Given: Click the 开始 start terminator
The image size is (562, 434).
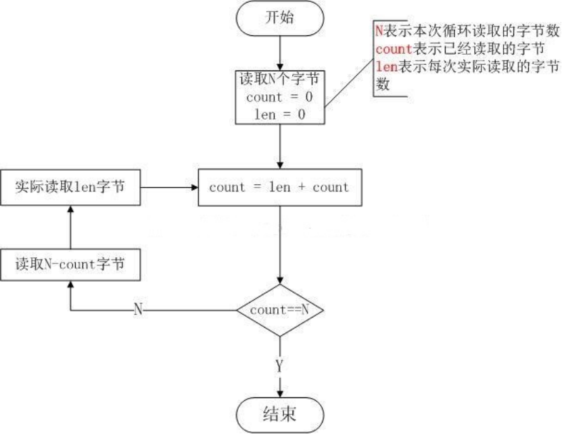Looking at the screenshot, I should tap(279, 18).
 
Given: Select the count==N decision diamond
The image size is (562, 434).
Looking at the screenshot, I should tap(279, 309).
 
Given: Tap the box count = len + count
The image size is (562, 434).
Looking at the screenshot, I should tap(279, 187).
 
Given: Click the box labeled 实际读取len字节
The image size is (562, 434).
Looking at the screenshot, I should tap(70, 187).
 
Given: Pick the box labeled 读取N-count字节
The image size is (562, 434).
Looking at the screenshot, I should tap(70, 265).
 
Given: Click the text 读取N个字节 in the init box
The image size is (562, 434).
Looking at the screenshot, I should tap(279, 79).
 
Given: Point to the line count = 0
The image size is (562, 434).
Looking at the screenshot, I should tap(279, 97).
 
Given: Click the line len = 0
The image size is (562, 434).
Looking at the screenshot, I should tap(279, 114).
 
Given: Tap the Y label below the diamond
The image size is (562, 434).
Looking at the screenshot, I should tap(279, 366).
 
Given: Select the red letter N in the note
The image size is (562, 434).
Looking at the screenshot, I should tap(379, 30).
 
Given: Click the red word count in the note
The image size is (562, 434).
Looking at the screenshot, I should tap(393, 49).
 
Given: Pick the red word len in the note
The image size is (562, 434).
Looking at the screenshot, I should tap(385, 67).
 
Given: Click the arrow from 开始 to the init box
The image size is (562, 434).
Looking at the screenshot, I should tap(279, 51).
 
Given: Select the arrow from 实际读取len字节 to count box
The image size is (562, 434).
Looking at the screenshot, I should tap(169, 187).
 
